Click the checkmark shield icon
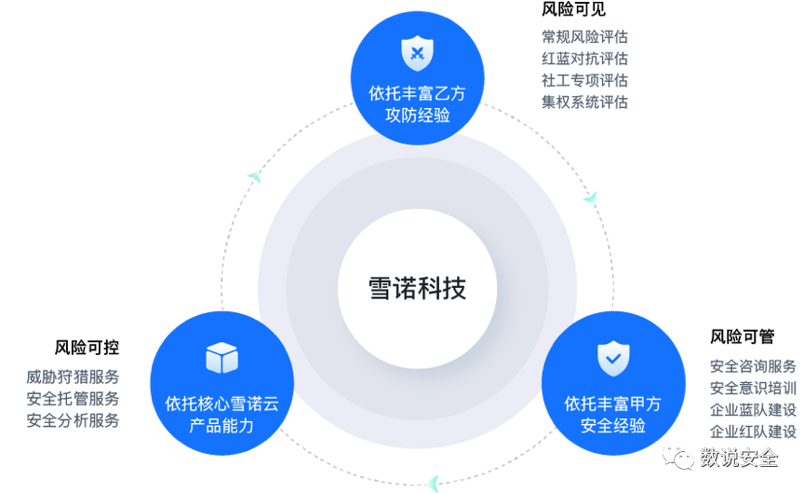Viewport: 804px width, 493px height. tap(613, 358)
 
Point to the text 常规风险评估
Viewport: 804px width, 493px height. tap(584, 37)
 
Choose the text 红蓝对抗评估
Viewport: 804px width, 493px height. tap(584, 59)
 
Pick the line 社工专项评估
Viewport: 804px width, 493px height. tap(584, 80)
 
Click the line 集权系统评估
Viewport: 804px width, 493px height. tap(584, 102)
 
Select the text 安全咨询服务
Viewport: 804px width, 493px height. tap(753, 365)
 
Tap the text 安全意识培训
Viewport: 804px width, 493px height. tap(753, 388)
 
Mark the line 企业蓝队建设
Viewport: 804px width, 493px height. tap(753, 410)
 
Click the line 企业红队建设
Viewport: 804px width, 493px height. tap(753, 431)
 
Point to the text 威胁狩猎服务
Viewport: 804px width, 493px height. tap(73, 377)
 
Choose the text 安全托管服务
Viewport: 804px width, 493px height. tap(73, 399)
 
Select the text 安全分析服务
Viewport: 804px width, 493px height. tap(73, 420)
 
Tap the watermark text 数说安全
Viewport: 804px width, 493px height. tap(739, 458)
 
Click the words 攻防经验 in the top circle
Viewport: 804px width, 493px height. tap(417, 116)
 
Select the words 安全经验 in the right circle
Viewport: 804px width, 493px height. tap(613, 426)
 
